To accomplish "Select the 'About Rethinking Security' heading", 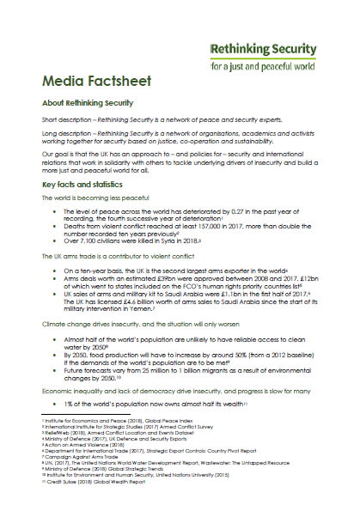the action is [87, 103].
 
